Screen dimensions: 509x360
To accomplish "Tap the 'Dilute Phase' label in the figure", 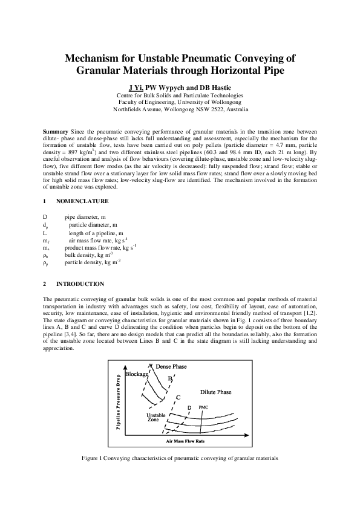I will (x=215, y=392).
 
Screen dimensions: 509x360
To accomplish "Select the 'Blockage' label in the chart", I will (x=137, y=375).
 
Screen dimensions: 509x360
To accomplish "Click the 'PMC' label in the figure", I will (x=203, y=407).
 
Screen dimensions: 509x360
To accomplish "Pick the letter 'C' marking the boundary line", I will (x=178, y=397).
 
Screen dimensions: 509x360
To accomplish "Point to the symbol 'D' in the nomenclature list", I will (x=45, y=216).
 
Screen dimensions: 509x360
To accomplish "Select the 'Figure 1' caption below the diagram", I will (x=180, y=458).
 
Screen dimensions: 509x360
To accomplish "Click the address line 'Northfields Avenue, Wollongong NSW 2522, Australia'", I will (x=180, y=110).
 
